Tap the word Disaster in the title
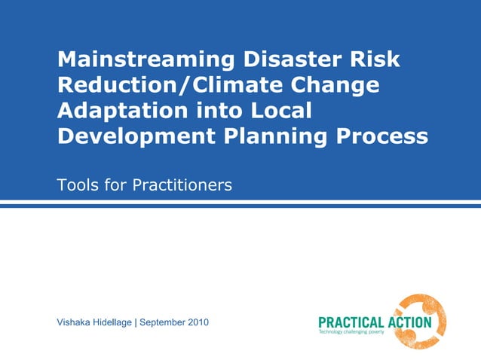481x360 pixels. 273,59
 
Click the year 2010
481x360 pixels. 198,322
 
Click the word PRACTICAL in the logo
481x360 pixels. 351,322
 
